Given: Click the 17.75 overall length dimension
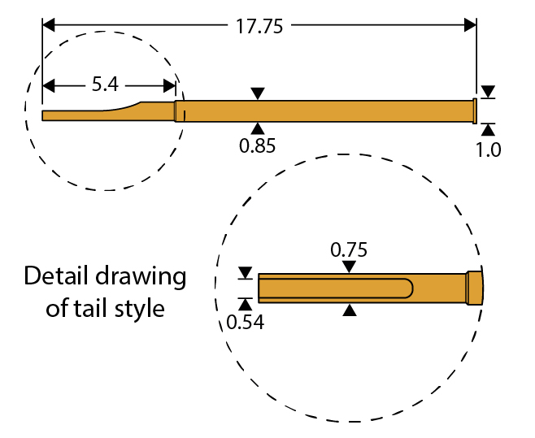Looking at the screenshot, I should click(259, 26).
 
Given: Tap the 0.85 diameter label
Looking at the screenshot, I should click(258, 146).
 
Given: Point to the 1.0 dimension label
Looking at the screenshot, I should click(489, 150).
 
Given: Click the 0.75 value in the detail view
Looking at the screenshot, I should click(349, 249).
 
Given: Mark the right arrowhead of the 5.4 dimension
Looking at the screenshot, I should click(170, 85).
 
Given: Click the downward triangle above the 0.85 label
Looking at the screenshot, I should click(258, 93).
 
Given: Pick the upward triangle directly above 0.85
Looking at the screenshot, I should click(258, 128).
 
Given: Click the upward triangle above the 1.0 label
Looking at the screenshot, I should click(488, 128).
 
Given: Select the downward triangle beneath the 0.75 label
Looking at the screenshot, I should click(349, 267).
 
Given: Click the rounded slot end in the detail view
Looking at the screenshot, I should click(409, 288).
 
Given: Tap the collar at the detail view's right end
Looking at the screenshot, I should click(474, 288).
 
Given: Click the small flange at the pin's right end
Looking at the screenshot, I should click(474, 111).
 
